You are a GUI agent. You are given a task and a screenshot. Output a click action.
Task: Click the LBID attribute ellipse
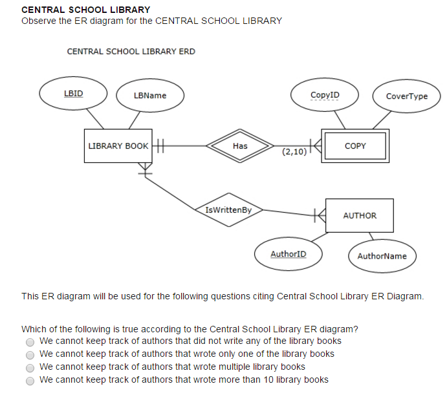[73, 93]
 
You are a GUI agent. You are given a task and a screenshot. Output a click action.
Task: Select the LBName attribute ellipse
[150, 96]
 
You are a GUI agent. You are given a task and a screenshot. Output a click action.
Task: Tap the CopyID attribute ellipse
[325, 94]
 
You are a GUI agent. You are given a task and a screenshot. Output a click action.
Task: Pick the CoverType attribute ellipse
[407, 96]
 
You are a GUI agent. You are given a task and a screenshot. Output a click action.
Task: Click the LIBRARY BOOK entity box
[118, 146]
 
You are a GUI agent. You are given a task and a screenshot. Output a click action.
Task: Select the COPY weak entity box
[355, 146]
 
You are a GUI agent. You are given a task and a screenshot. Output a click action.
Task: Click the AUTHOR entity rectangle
[360, 215]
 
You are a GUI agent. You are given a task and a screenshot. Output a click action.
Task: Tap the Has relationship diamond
[240, 146]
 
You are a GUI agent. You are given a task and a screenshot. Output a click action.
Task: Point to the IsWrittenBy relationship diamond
[229, 210]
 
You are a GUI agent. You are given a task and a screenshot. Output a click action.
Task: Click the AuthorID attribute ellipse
[289, 254]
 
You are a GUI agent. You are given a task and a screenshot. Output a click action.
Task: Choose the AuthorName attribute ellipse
[382, 256]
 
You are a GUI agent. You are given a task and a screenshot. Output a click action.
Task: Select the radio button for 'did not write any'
[30, 342]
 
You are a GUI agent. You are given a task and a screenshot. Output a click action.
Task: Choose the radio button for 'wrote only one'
[30, 355]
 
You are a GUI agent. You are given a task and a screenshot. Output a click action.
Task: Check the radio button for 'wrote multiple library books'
[30, 368]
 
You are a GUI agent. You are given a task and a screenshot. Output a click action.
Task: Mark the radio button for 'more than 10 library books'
[30, 381]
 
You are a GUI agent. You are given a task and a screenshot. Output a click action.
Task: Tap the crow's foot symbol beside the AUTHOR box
[320, 215]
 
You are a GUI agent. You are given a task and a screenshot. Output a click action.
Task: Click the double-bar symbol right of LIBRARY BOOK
[160, 146]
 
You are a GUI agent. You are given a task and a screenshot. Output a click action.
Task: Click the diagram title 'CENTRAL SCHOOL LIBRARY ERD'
[131, 52]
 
